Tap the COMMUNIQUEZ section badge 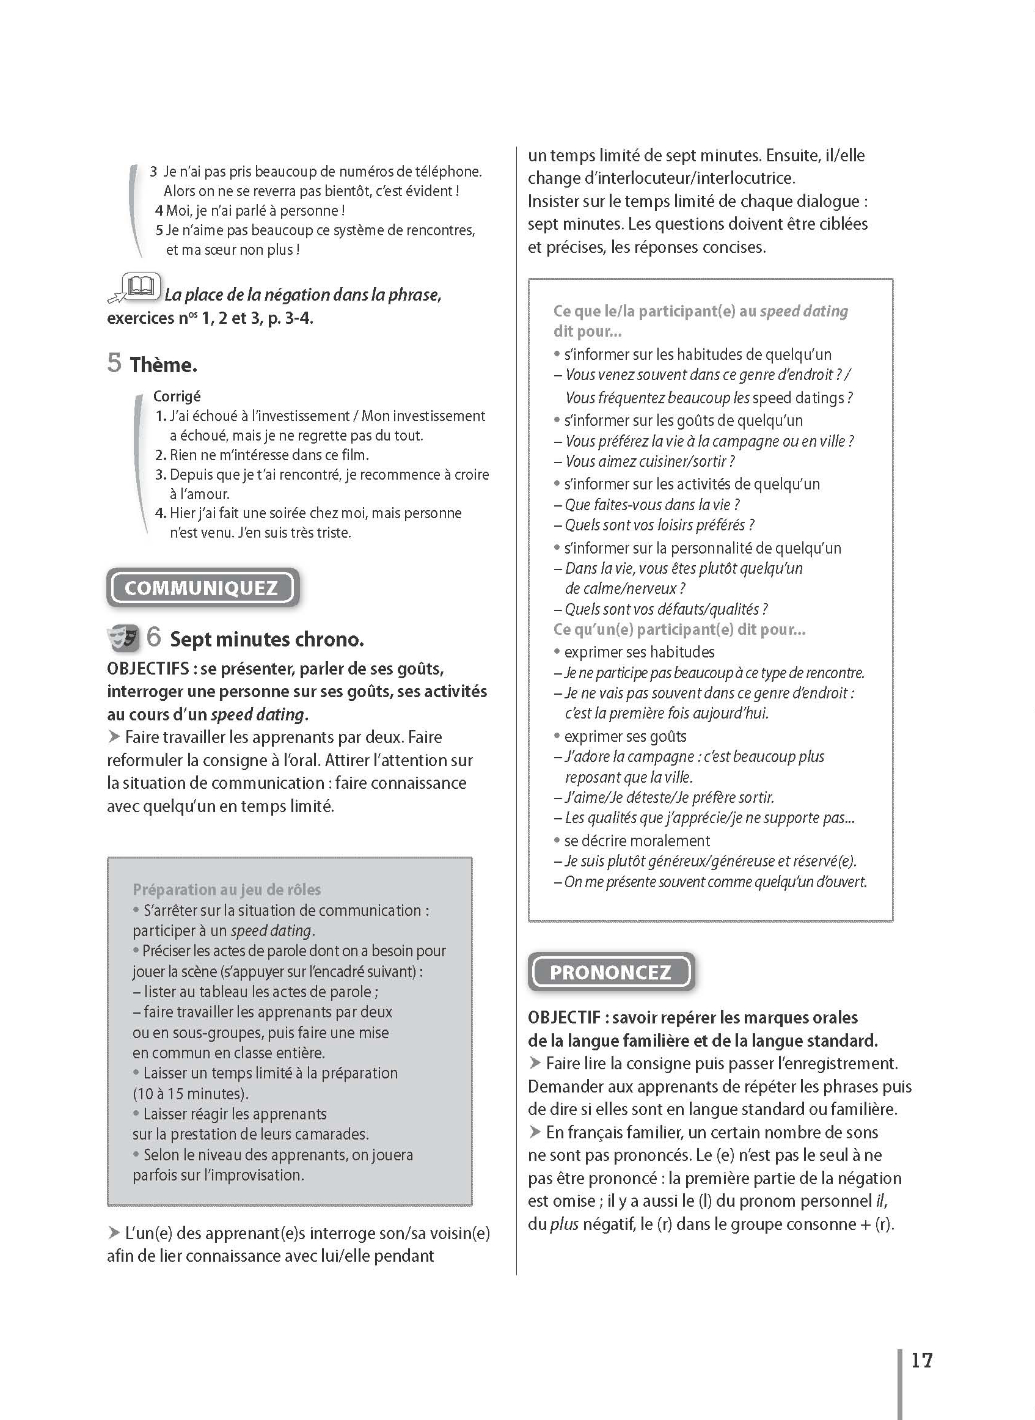(202, 588)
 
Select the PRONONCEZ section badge (610, 972)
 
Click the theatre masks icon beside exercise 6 (123, 639)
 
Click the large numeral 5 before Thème (114, 363)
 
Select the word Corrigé (177, 396)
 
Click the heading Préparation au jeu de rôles (226, 889)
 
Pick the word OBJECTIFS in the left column (148, 669)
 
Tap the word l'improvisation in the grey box (254, 1175)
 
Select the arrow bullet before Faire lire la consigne (535, 1063)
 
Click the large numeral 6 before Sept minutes (153, 637)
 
